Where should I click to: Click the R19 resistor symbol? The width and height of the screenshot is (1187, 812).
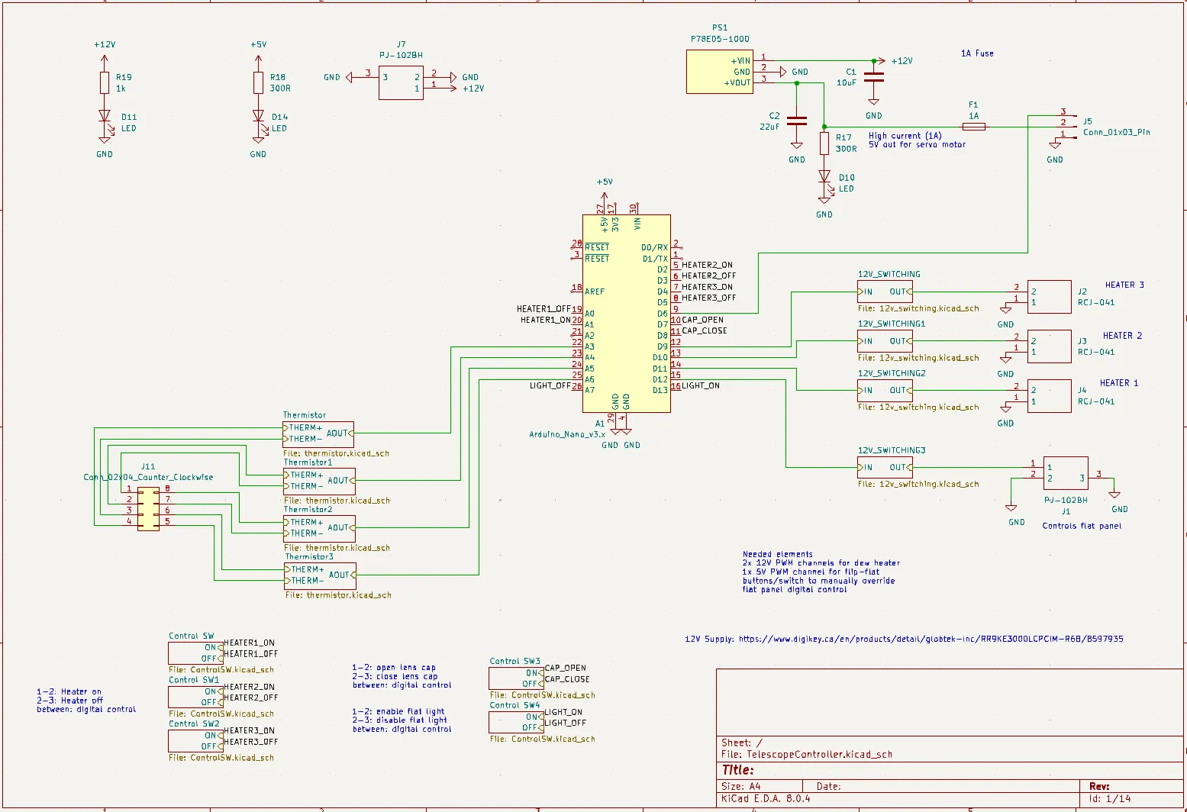[x=105, y=82]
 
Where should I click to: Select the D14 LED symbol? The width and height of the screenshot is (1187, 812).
[x=258, y=117]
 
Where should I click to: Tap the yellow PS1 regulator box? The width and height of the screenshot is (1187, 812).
[x=719, y=72]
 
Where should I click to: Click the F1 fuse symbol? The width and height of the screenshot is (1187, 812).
[x=973, y=127]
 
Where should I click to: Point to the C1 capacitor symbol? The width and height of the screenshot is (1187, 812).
[x=873, y=76]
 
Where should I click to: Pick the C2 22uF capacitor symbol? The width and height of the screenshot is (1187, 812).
[x=796, y=121]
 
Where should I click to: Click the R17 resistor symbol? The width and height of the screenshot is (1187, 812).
[x=824, y=143]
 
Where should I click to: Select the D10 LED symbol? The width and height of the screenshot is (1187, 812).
[x=824, y=176]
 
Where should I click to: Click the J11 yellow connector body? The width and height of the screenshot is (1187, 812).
[x=148, y=508]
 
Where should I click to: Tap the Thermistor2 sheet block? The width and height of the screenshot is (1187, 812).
[x=319, y=528]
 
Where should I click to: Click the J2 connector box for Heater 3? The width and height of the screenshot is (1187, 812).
[x=1049, y=297]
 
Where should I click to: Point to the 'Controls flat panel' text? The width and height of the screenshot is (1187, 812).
[x=1082, y=526]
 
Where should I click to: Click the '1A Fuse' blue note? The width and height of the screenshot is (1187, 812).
[x=977, y=53]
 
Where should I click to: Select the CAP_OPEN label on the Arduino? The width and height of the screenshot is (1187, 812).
[x=702, y=320]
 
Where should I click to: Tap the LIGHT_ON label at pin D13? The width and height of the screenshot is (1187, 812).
[x=701, y=385]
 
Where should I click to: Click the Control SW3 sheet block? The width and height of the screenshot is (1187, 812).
[x=516, y=678]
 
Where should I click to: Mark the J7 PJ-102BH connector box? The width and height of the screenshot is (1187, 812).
[x=401, y=82]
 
